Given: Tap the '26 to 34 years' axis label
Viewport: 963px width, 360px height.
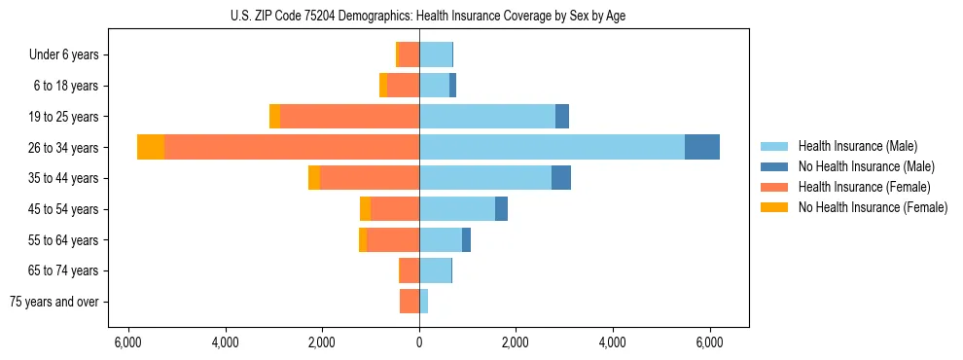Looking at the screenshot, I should (x=63, y=147).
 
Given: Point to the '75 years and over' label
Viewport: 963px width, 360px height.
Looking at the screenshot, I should (x=54, y=302).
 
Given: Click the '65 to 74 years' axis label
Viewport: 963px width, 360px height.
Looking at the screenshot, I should (x=63, y=270).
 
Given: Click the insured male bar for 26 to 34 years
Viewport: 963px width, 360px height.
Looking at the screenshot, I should (x=552, y=147).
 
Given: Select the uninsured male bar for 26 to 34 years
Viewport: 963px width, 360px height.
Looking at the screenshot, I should (x=702, y=147).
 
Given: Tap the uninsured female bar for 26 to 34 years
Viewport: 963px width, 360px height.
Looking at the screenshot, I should (x=151, y=147).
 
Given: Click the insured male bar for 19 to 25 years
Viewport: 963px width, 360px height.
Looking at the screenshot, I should (x=486, y=116).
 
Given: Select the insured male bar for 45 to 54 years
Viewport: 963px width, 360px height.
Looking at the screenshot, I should (x=457, y=209).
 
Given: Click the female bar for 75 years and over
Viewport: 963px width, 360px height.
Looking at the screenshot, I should (x=410, y=302).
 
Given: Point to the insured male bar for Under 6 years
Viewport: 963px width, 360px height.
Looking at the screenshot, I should (x=436, y=54).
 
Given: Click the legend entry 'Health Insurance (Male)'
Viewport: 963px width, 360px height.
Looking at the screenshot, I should (x=857, y=146).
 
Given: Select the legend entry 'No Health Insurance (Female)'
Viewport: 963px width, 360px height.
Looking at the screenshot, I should (x=873, y=207).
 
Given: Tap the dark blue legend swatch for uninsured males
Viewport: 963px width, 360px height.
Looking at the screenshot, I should (x=774, y=166).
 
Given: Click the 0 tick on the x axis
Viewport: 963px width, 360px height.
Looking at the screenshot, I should (x=419, y=342).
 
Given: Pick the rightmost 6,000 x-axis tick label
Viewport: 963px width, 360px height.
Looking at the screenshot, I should (x=710, y=342).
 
